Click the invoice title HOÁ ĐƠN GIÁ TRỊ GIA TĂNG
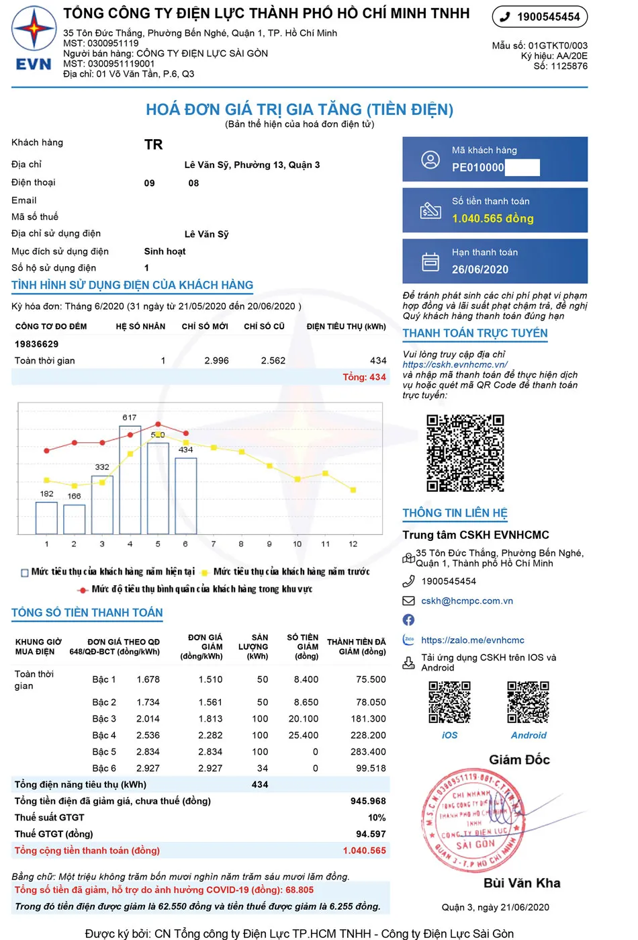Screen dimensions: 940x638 point(300,110)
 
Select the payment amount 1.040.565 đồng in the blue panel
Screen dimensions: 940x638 point(492,218)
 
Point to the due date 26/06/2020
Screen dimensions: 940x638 point(480,269)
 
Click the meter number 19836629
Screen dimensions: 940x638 point(36,344)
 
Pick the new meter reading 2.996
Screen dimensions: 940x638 point(216,361)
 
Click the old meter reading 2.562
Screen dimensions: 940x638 point(273,361)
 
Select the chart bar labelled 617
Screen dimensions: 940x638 point(130,479)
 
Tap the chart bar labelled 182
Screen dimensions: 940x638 point(46,517)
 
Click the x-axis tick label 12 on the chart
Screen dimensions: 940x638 point(353,544)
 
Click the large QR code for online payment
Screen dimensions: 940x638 point(465,453)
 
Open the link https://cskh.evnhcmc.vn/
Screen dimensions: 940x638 point(455,365)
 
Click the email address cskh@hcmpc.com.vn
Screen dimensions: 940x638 point(467,601)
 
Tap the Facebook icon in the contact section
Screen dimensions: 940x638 point(408,620)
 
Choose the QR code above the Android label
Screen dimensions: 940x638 point(528,702)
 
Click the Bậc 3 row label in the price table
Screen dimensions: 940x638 point(104,719)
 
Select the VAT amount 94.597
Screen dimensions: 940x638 point(371,834)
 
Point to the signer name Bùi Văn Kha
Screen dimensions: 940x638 point(522,883)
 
